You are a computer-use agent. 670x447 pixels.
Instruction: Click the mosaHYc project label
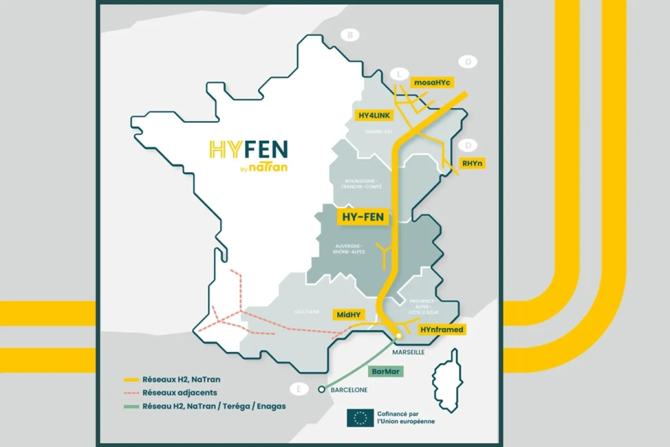pyautogui.click(x=432, y=82)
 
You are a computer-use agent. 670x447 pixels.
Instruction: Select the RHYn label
pyautogui.click(x=472, y=163)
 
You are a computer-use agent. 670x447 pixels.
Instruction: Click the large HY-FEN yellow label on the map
pyautogui.click(x=362, y=217)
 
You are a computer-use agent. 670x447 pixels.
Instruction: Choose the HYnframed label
pyautogui.click(x=442, y=330)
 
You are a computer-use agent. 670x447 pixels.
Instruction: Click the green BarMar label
pyautogui.click(x=386, y=370)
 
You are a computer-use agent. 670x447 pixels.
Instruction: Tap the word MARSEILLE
pyautogui.click(x=409, y=353)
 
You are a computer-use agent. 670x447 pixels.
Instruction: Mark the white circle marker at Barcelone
pyautogui.click(x=321, y=389)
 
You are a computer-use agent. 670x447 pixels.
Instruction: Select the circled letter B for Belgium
pyautogui.click(x=350, y=36)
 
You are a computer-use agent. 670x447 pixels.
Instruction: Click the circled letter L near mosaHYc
pyautogui.click(x=399, y=73)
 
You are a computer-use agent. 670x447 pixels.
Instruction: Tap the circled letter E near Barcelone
pyautogui.click(x=299, y=389)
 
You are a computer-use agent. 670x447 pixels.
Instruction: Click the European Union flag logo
pyautogui.click(x=361, y=417)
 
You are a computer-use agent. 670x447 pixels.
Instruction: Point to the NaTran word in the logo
pyautogui.click(x=268, y=167)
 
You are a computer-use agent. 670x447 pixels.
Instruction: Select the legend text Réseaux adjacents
pyautogui.click(x=179, y=393)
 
